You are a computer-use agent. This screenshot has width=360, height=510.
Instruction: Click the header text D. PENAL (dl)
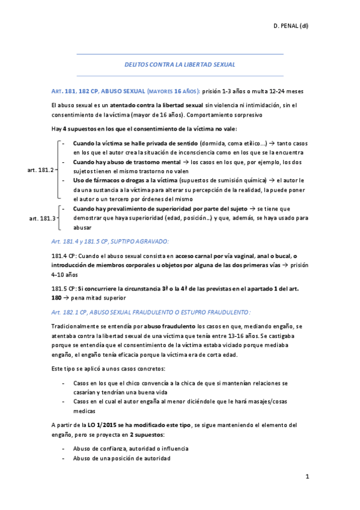[291, 26]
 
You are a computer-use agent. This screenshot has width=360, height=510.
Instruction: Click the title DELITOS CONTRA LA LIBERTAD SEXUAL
[179, 64]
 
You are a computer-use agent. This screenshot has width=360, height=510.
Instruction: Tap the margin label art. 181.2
[41, 171]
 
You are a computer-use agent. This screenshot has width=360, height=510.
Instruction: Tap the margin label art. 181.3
[42, 218]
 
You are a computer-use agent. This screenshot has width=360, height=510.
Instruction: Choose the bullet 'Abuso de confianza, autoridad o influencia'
[130, 448]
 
